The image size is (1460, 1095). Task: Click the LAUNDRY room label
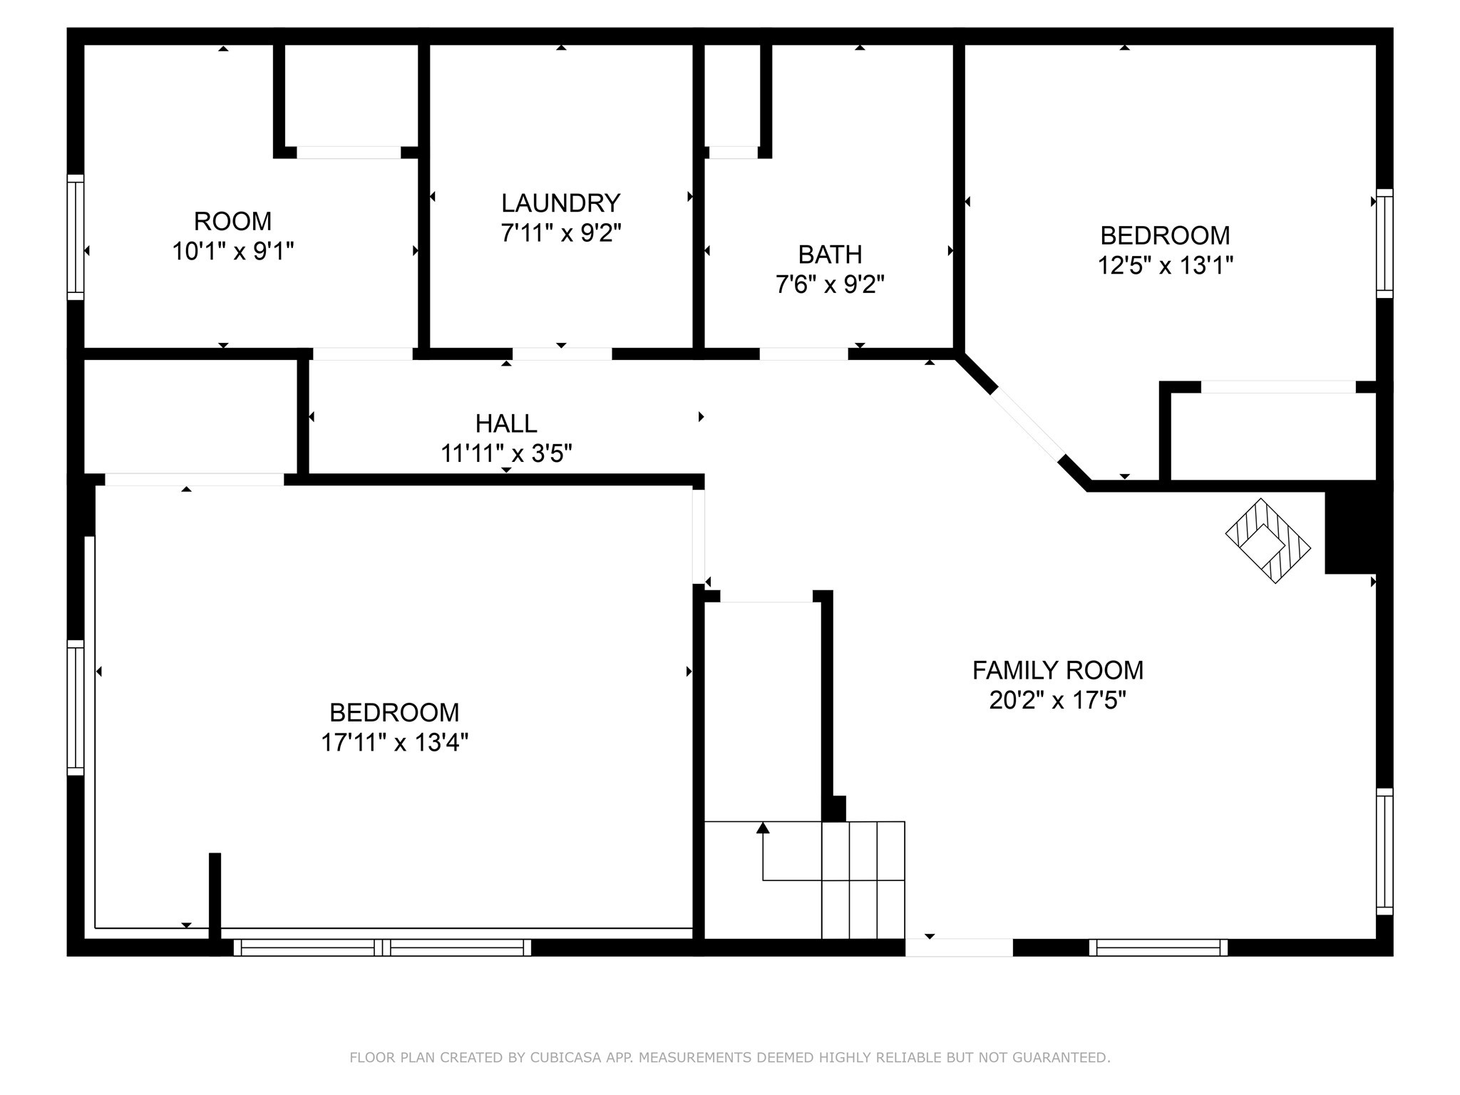coord(560,203)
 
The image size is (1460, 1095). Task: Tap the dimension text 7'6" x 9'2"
coord(830,284)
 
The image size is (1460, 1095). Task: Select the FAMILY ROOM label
coord(1057,670)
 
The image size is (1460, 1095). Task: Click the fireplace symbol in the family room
coord(1268,540)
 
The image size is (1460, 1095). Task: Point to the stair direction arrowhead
coord(763,828)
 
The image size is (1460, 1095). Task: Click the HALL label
coord(506,423)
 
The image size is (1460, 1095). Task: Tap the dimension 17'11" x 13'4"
coord(394,742)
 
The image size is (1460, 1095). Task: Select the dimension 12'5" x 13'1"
coord(1165,265)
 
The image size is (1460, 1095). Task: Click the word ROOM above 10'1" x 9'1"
coord(232,221)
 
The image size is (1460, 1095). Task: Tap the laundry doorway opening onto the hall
coord(562,354)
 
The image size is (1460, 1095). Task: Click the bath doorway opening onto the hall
coord(803,354)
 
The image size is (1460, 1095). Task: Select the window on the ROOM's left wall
coord(76,237)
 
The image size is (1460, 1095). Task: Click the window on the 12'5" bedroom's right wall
coord(1384,243)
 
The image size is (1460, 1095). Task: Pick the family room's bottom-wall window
coord(1158,947)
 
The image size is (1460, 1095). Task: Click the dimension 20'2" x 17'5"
coord(1057,700)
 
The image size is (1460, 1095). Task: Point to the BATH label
coord(830,255)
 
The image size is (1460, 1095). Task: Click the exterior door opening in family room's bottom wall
coord(959,947)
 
